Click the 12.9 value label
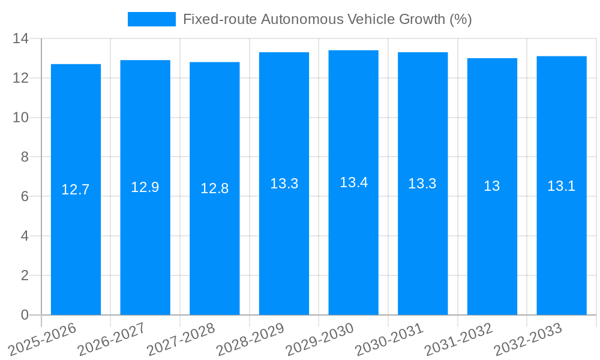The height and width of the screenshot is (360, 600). tap(145, 187)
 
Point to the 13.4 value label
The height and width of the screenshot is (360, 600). tap(353, 182)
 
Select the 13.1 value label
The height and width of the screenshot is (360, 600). tap(562, 186)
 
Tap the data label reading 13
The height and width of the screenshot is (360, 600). tap(492, 186)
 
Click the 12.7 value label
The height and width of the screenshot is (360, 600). tap(76, 190)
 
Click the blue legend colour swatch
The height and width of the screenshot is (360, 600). tap(152, 19)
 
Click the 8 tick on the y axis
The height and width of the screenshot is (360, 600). tap(25, 157)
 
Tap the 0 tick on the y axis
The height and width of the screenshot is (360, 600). tap(25, 315)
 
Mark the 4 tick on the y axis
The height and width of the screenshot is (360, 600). tap(25, 236)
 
